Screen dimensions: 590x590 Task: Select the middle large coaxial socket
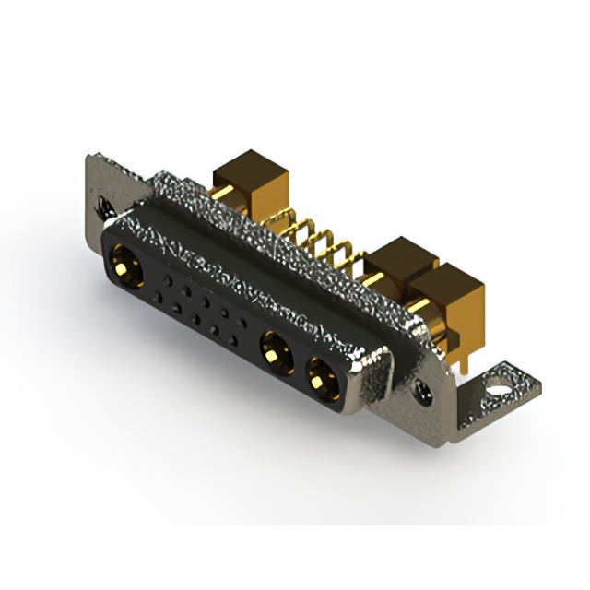pos(275,351)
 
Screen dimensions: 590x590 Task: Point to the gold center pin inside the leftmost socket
pos(124,268)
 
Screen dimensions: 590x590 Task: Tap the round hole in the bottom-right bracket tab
pos(501,377)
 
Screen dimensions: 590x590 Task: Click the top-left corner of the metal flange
pos(90,159)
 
